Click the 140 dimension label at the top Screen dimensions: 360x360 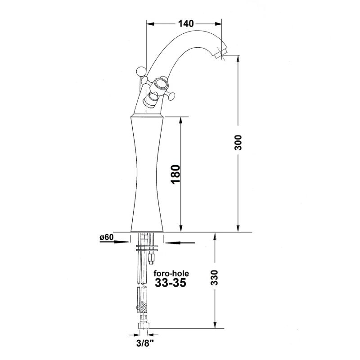click(x=186, y=23)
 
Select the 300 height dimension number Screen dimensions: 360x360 click(x=238, y=143)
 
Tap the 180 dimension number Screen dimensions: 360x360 click(x=175, y=174)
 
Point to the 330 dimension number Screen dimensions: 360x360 click(x=214, y=277)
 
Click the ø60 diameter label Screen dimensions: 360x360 click(x=107, y=237)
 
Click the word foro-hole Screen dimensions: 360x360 click(x=171, y=274)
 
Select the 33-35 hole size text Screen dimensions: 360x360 click(x=171, y=283)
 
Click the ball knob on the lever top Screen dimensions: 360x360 click(x=141, y=71)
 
